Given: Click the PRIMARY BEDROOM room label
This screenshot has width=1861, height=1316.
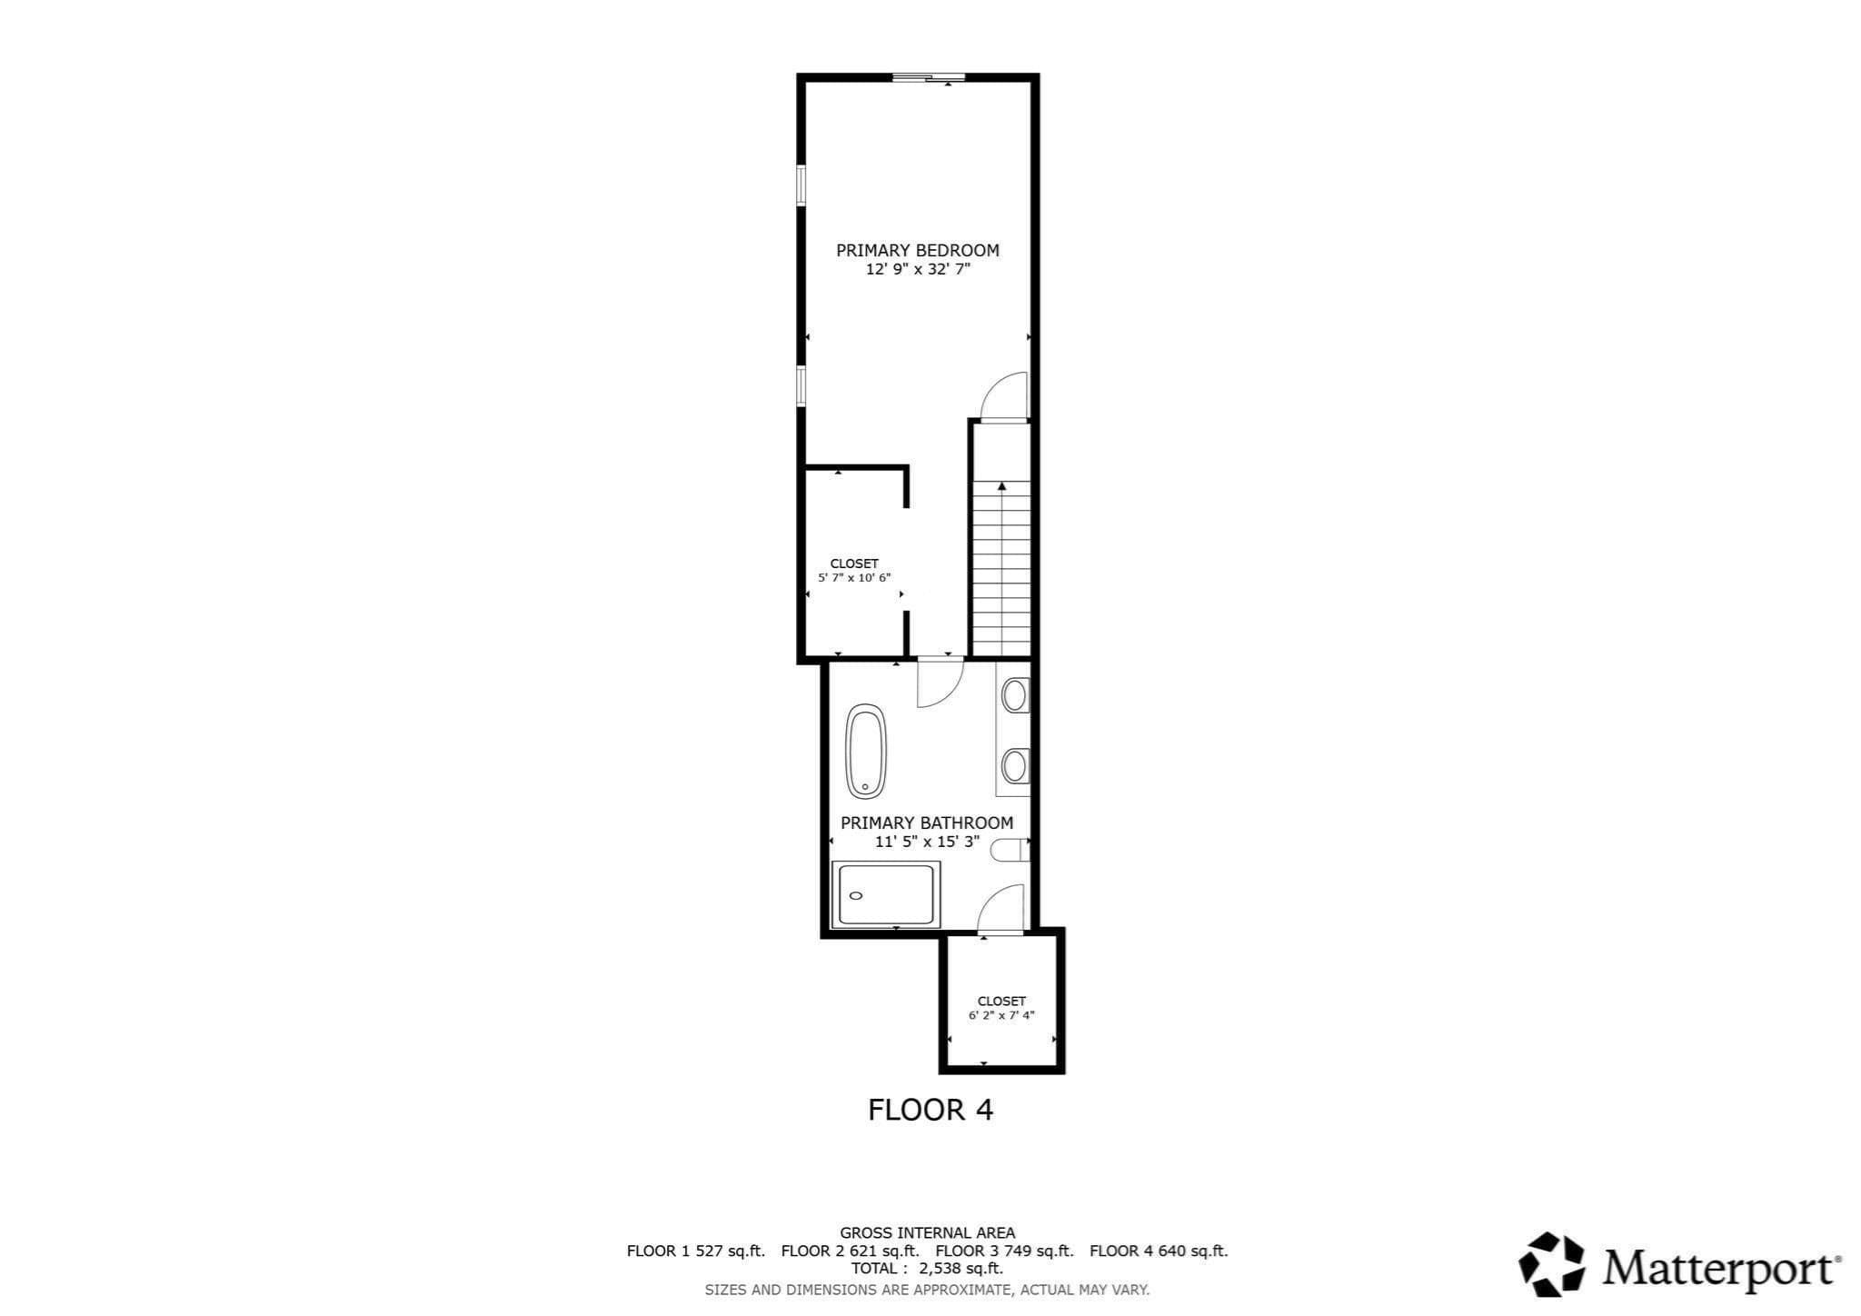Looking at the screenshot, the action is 918,250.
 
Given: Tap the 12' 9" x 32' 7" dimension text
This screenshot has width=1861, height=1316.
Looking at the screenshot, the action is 918,270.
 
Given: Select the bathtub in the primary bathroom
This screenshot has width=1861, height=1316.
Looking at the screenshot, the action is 866,752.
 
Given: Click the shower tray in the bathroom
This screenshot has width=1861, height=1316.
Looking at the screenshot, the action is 887,894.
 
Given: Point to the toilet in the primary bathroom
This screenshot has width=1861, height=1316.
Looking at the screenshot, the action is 1010,850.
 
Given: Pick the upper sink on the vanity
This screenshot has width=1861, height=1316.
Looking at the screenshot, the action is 1014,696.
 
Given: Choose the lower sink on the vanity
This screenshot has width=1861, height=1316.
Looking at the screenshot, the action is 1014,765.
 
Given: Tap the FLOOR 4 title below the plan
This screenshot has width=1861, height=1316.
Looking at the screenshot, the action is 930,1110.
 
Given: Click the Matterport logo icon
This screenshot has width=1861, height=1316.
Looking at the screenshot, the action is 1552,1264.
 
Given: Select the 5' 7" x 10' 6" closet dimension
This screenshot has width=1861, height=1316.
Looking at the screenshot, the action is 854,577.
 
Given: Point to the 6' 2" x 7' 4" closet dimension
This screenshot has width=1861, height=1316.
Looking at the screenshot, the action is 1001,1015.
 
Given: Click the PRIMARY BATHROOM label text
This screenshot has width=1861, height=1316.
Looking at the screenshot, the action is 927,822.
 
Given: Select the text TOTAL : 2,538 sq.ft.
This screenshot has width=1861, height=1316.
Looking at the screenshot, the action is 927,1269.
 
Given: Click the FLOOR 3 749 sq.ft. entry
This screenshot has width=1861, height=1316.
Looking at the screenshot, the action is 1004,1251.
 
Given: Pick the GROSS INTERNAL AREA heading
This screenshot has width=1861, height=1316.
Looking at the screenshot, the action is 927,1233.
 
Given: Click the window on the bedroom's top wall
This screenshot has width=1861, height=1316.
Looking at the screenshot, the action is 928,78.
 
